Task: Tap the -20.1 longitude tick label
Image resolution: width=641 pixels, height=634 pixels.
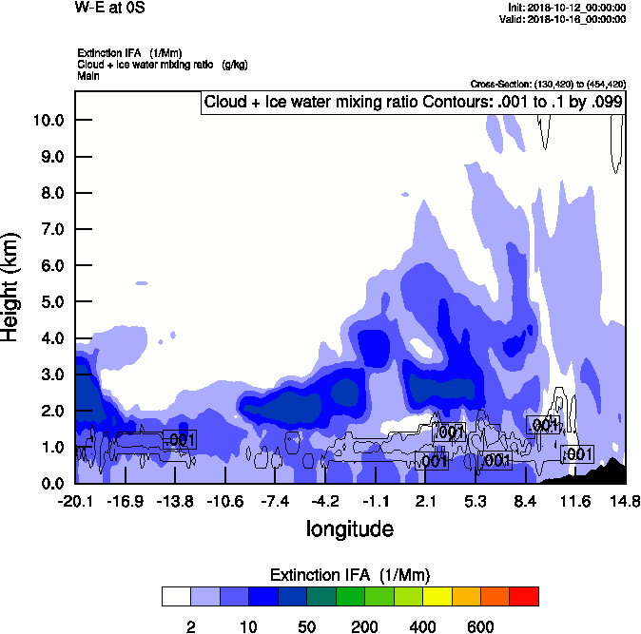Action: (74, 500)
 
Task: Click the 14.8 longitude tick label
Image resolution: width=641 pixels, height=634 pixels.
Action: (625, 500)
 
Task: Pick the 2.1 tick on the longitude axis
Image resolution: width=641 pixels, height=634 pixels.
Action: (425, 500)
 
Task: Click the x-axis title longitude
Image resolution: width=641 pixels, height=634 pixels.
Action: (349, 528)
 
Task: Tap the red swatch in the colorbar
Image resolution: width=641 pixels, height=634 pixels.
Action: (524, 597)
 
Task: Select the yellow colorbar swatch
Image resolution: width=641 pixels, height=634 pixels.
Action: (437, 597)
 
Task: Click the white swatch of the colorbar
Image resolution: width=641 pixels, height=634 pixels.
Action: (176, 597)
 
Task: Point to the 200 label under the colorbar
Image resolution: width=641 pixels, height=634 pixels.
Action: (364, 625)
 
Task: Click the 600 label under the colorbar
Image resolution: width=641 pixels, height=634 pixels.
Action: (480, 625)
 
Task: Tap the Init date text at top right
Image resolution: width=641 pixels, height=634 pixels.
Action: (568, 8)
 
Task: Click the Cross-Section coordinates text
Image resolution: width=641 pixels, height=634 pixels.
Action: (548, 84)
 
